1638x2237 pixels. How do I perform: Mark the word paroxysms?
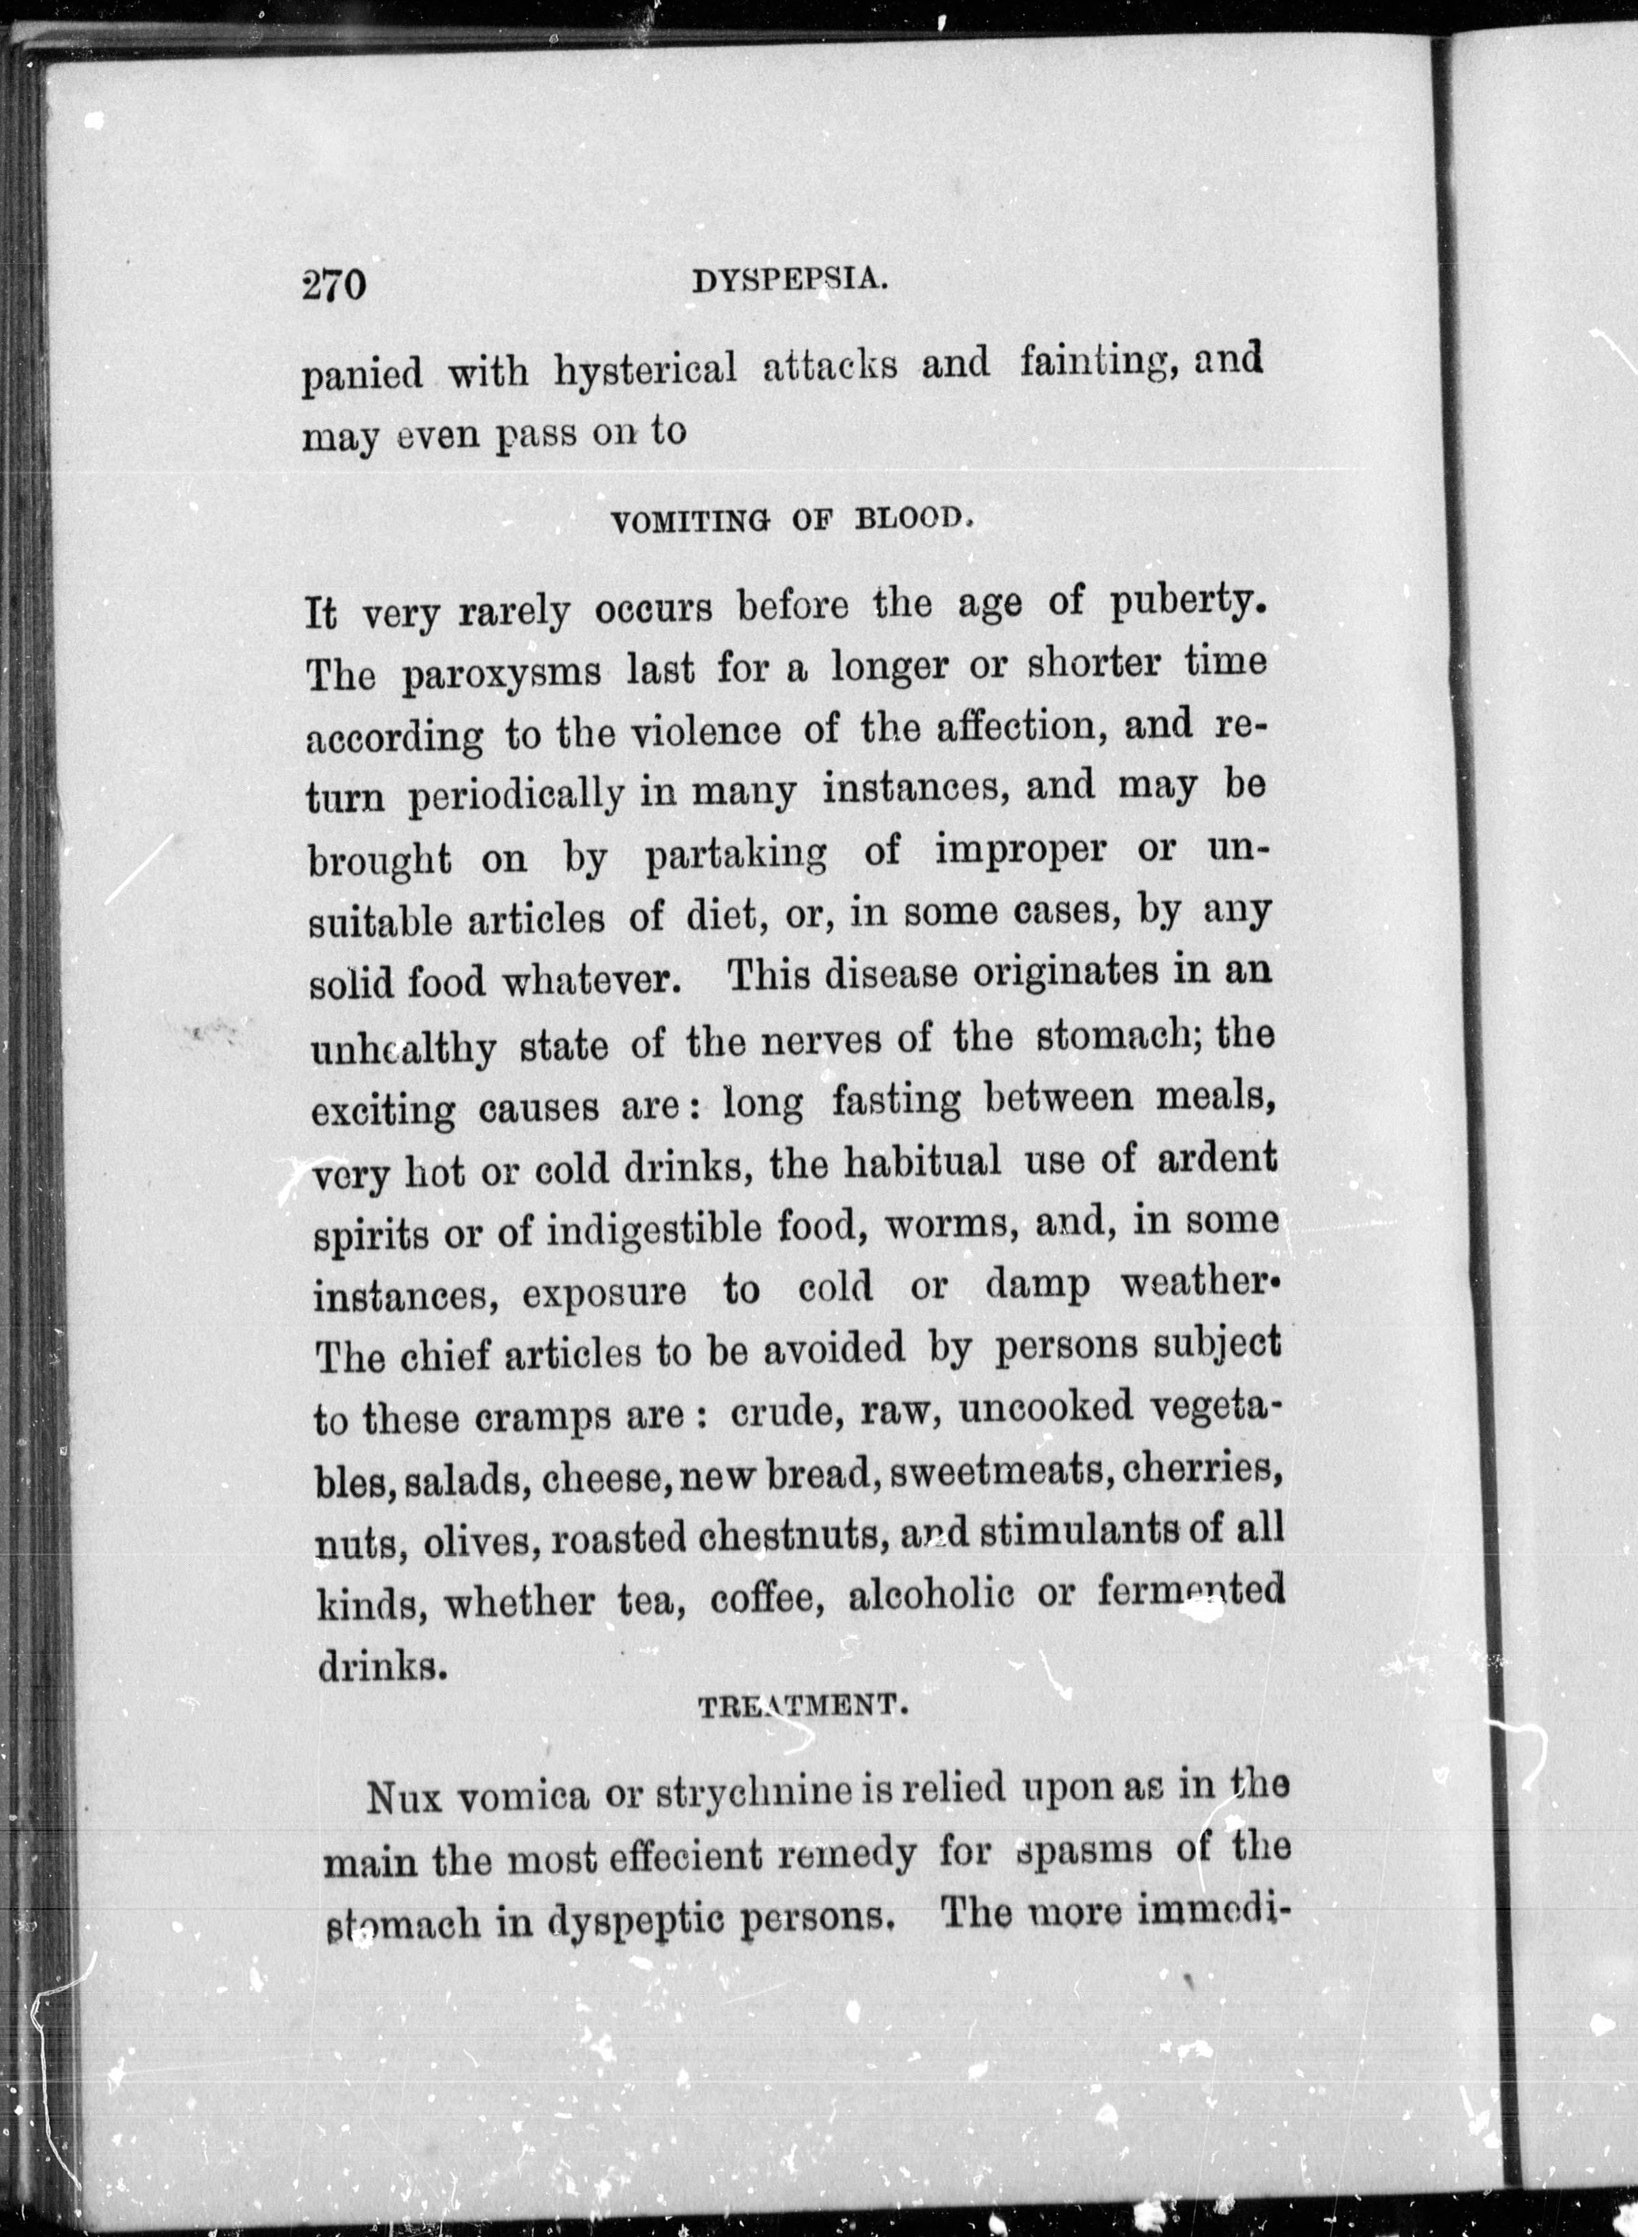pos(502,674)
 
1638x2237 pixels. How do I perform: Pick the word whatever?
pos(591,982)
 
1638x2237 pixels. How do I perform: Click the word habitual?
pos(922,1162)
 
